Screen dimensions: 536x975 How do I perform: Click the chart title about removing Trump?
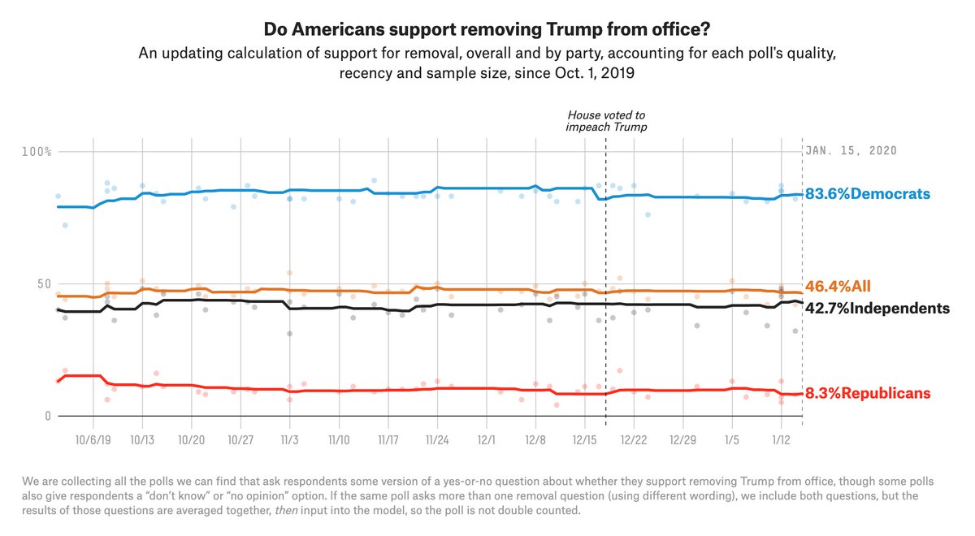point(487,30)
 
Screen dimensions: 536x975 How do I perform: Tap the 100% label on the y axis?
point(37,152)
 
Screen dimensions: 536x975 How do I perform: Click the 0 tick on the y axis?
point(46,416)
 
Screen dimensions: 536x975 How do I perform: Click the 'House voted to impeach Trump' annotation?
point(606,122)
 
